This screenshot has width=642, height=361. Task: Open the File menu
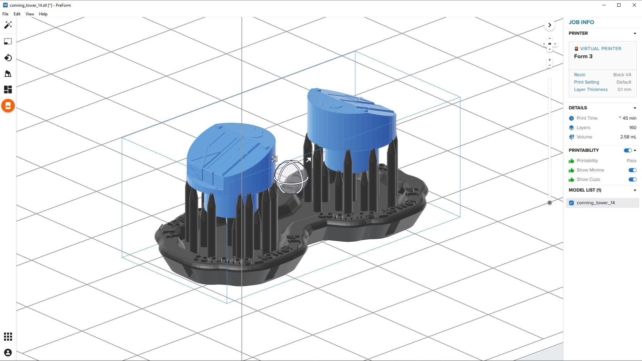[5, 14]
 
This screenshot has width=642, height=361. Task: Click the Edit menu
[17, 14]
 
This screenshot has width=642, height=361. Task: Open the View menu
[30, 14]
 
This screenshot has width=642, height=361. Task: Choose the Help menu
[43, 14]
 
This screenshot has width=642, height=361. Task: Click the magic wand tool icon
[8, 25]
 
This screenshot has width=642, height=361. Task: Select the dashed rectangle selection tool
[8, 41]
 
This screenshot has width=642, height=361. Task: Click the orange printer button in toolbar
[8, 106]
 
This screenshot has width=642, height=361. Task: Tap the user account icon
[8, 353]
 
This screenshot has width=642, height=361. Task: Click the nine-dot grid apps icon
[8, 337]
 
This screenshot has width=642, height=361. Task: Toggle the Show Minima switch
[632, 170]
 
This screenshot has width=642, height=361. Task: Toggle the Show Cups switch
[632, 179]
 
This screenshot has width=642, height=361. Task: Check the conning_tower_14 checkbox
[571, 203]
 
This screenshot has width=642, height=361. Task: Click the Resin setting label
[579, 75]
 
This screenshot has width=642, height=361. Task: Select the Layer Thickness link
[591, 90]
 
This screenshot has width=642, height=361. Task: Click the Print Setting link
[586, 82]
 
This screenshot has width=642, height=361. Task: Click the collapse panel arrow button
[549, 25]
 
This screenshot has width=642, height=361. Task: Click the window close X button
[634, 5]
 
